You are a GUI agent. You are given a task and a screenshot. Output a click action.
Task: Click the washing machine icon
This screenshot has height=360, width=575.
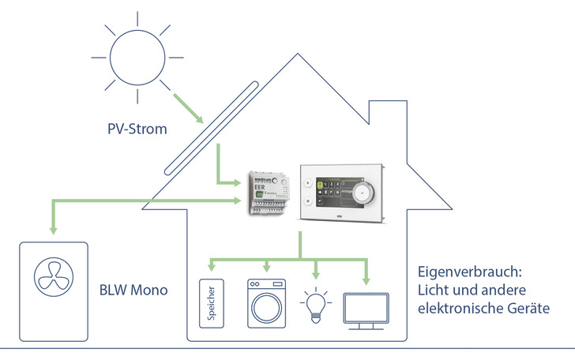coord(266,302)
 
